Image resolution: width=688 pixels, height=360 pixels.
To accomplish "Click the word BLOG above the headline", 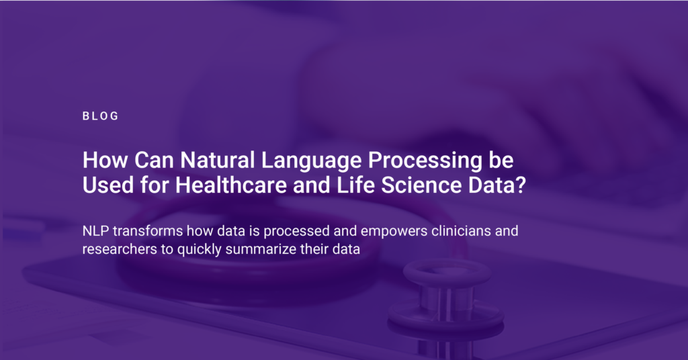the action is coord(101,116).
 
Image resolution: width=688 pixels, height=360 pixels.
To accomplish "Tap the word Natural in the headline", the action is coord(218,160).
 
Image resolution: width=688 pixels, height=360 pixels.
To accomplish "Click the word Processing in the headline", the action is coord(425,161).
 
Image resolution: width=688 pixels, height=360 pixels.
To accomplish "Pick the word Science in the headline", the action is coord(421,185).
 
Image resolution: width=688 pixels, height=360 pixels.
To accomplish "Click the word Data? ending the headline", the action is coord(497,185).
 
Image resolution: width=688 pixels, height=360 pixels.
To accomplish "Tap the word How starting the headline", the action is coord(105,160).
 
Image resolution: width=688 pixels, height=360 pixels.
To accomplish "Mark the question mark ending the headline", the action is coord(521,185).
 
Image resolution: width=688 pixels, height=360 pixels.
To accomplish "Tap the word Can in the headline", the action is coord(154,160).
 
